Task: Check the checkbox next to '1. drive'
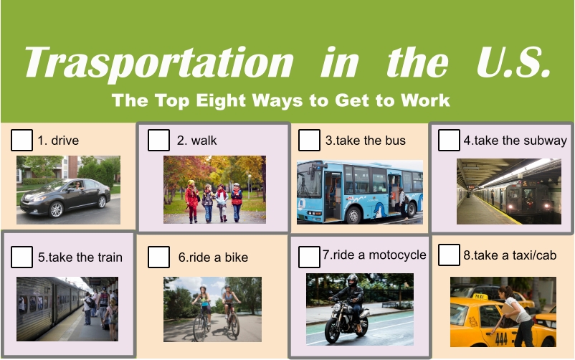pyautogui.click(x=22, y=140)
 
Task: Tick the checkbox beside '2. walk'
pyautogui.click(x=158, y=140)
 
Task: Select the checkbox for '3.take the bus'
pyautogui.click(x=309, y=140)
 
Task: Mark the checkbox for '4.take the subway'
pyautogui.click(x=449, y=140)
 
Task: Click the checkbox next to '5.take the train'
pyautogui.click(x=22, y=257)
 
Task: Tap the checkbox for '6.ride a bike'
pyautogui.click(x=158, y=257)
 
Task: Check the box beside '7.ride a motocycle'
pyautogui.click(x=309, y=257)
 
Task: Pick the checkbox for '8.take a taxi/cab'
pyautogui.click(x=449, y=255)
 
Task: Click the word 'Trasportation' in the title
pyautogui.click(x=158, y=62)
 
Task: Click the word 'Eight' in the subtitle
pyautogui.click(x=220, y=100)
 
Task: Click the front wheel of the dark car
pyautogui.click(x=56, y=209)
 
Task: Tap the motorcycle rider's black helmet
pyautogui.click(x=352, y=280)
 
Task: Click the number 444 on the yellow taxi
pyautogui.click(x=501, y=338)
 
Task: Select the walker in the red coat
pyautogui.click(x=191, y=201)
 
